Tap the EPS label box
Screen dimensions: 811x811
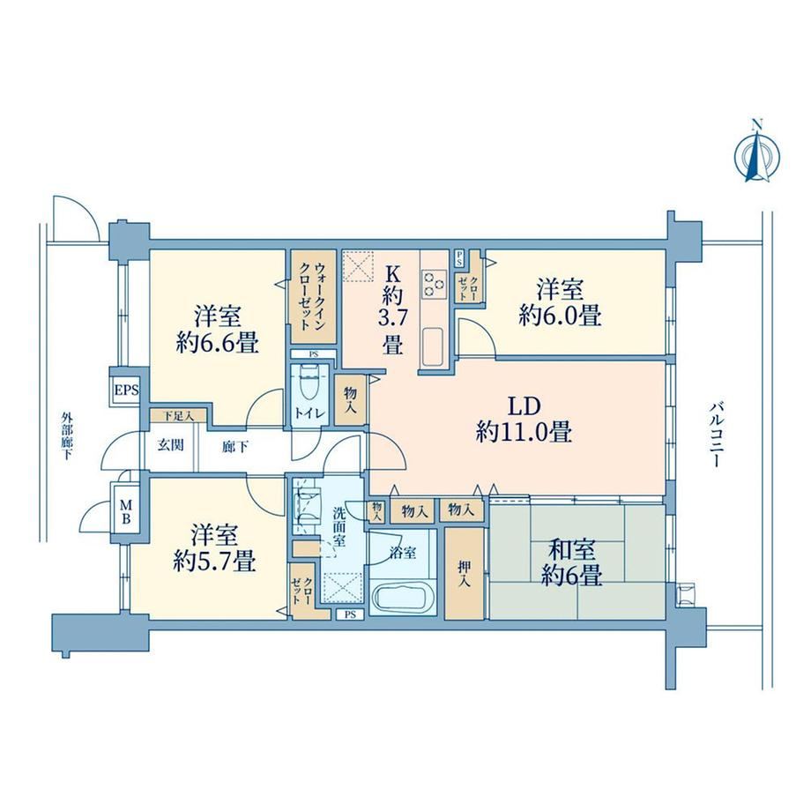(127, 390)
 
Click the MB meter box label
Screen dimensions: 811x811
(126, 511)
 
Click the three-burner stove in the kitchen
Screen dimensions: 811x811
(435, 284)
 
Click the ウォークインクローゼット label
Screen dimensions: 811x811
(312, 297)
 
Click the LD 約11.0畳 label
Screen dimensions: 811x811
(524, 420)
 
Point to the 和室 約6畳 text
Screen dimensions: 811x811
(571, 563)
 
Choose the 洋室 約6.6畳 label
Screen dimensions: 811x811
(217, 330)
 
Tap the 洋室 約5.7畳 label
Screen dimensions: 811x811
(214, 547)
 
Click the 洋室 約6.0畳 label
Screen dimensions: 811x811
(560, 302)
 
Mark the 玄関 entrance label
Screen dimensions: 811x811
(170, 445)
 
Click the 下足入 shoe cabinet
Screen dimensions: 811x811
(178, 415)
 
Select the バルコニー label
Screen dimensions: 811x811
(715, 434)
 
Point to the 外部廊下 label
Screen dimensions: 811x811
(66, 435)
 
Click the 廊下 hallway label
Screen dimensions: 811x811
(234, 446)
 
